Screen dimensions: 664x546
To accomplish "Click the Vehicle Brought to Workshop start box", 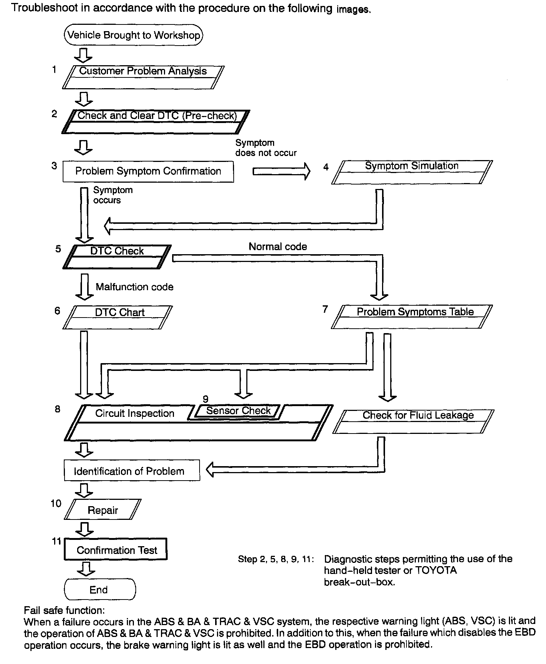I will pyautogui.click(x=134, y=35).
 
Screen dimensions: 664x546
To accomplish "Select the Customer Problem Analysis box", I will pyautogui.click(x=143, y=77).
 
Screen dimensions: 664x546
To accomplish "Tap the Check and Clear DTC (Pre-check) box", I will pyautogui.click(x=156, y=122).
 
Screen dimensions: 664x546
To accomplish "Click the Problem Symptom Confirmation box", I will pyautogui.click(x=148, y=171).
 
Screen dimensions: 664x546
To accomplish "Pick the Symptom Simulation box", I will pyautogui.click(x=412, y=172).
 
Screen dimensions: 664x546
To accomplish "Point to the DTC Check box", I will pyautogui.click(x=117, y=256).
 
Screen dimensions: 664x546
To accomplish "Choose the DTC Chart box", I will pyautogui.click(x=118, y=317).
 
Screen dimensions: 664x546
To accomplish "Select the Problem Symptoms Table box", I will pyautogui.click(x=412, y=317).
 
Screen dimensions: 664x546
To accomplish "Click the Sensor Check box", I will pyautogui.click(x=238, y=411).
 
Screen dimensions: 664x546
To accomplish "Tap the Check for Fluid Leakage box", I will pyautogui.click(x=414, y=421).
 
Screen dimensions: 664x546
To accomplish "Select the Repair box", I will pyautogui.click(x=103, y=510).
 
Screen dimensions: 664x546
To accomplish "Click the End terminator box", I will pyautogui.click(x=100, y=590).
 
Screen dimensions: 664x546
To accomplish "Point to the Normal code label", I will pyautogui.click(x=278, y=247).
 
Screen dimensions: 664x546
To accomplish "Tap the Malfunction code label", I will pyautogui.click(x=134, y=287).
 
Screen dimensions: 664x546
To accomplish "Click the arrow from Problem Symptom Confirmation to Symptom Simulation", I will pyautogui.click(x=281, y=172).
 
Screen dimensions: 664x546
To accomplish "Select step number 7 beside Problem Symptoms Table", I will pyautogui.click(x=325, y=309).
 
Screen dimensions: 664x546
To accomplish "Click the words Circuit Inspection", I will pyautogui.click(x=135, y=414).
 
